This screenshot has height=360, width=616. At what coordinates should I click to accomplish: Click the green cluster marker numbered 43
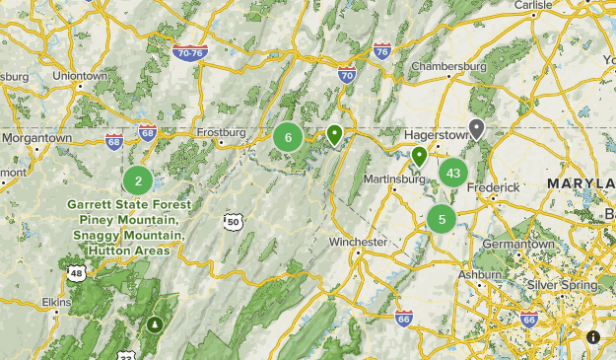[x=452, y=174]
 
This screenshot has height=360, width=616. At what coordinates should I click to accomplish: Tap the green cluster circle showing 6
[x=288, y=138]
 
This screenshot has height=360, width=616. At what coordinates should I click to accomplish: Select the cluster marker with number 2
[x=138, y=180]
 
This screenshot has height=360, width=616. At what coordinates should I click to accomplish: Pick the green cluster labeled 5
[x=442, y=219]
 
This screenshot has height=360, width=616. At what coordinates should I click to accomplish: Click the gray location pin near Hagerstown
[x=477, y=128]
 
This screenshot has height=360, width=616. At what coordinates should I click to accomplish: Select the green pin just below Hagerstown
[x=420, y=155]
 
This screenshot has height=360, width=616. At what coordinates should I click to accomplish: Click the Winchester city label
[x=358, y=242]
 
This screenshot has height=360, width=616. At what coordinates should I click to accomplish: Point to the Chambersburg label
[x=449, y=66]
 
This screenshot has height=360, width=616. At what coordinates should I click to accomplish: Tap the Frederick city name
[x=493, y=186]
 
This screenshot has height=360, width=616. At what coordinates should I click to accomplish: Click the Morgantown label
[x=36, y=138]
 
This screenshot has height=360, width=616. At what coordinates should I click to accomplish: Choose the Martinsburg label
[x=378, y=179]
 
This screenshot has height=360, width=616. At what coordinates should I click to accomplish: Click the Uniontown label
[x=79, y=75]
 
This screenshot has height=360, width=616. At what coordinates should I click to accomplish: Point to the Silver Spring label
[x=560, y=284]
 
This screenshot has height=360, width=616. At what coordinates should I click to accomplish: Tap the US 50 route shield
[x=233, y=222]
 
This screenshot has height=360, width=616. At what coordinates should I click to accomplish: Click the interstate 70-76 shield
[x=189, y=51]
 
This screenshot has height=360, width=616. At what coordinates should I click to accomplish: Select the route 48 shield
[x=77, y=273]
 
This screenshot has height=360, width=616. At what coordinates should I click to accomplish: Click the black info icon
[x=593, y=337]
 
